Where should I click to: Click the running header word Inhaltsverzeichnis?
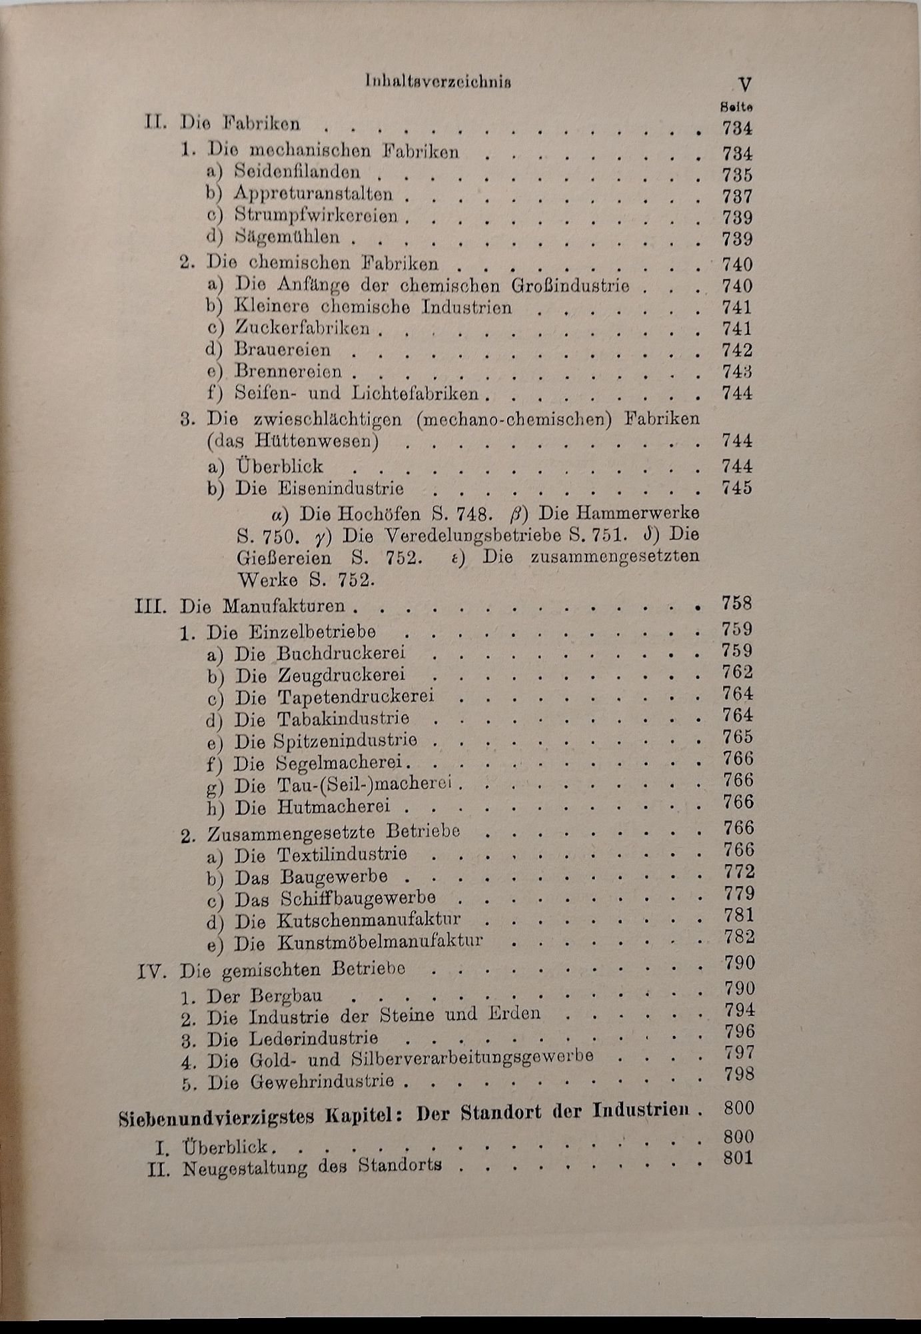pyautogui.click(x=439, y=82)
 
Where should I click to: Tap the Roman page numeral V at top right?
pyautogui.click(x=745, y=85)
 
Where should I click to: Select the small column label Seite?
pyautogui.click(x=737, y=107)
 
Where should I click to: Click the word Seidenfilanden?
pyautogui.click(x=297, y=172)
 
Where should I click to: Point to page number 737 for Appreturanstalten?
pyautogui.click(x=737, y=197)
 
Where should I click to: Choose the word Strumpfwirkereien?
pyautogui.click(x=316, y=216)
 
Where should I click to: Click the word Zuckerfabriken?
pyautogui.click(x=302, y=328)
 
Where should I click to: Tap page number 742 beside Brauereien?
pyautogui.click(x=737, y=351)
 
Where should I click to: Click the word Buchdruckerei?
pyautogui.click(x=341, y=653)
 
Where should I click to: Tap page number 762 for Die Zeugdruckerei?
pyautogui.click(x=737, y=672)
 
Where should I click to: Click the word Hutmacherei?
pyautogui.click(x=333, y=807)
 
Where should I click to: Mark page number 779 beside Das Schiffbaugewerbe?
pyautogui.click(x=738, y=894)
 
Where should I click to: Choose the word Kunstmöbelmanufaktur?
pyautogui.click(x=380, y=942)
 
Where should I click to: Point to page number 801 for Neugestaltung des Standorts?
pyautogui.click(x=738, y=1158)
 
